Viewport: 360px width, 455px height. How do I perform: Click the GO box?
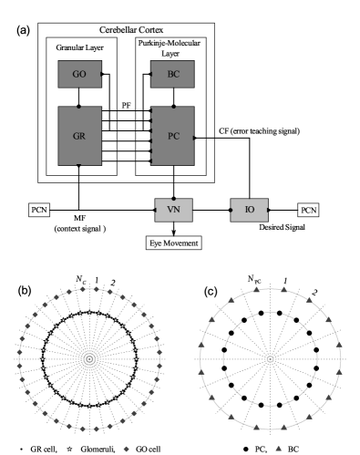[x=79, y=74]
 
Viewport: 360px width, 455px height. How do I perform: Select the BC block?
[x=172, y=74]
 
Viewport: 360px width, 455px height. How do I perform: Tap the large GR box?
[x=79, y=136]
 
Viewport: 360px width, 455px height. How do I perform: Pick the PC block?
[x=172, y=136]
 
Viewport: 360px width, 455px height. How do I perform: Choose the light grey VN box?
[x=173, y=210]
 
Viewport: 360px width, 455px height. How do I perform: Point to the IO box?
[x=249, y=210]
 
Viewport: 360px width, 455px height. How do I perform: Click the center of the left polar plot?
[x=89, y=358]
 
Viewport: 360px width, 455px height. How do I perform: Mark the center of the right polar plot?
[x=270, y=358]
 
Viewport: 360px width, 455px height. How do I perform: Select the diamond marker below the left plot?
[x=127, y=449]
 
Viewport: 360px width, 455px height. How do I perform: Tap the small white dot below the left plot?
[x=70, y=449]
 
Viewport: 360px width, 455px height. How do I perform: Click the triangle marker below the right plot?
[x=278, y=449]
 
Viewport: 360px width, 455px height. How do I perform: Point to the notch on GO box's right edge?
[x=100, y=74]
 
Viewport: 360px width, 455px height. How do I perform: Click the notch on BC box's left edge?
[x=151, y=74]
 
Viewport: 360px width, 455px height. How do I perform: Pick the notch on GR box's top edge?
[x=79, y=108]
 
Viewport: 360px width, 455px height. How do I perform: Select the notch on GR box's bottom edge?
[x=79, y=165]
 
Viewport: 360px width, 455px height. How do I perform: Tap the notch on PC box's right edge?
[x=193, y=137]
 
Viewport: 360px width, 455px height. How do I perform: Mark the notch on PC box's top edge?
[x=172, y=108]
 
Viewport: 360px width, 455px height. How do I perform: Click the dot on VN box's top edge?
[x=173, y=199]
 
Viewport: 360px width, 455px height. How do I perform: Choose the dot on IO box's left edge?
[x=231, y=210]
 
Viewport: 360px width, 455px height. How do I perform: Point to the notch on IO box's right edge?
[x=267, y=210]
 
